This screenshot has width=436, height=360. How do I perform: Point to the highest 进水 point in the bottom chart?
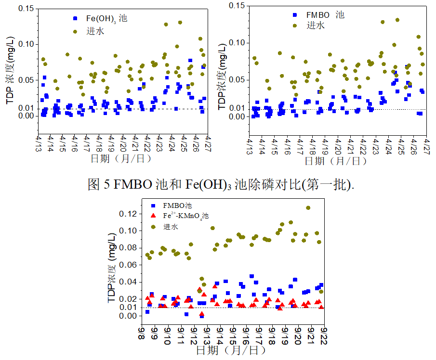[308, 208]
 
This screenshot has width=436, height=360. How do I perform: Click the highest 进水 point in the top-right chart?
[397, 20]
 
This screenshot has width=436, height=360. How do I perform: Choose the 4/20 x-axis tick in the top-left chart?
[123, 143]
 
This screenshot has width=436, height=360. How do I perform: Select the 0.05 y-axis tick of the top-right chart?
[236, 79]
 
